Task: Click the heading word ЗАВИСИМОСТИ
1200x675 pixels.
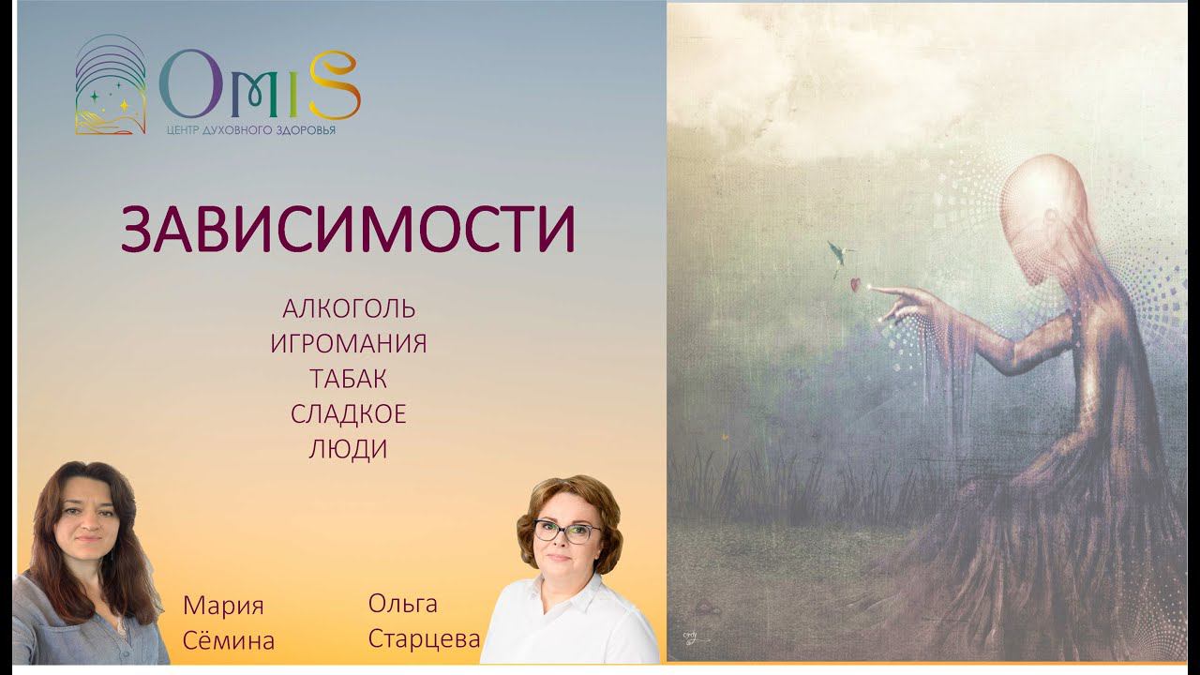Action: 348,230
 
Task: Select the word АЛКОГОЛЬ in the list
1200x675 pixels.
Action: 349,308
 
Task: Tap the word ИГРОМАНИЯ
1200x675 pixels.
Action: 349,344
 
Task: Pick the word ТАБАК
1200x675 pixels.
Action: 349,379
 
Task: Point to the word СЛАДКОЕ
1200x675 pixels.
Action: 349,414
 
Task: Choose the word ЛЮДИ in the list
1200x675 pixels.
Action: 349,450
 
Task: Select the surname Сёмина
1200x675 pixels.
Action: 229,641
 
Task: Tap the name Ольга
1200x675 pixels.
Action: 403,604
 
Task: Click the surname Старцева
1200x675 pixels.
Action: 424,639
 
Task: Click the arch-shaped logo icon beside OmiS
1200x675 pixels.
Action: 110,85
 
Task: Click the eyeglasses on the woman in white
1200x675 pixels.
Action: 566,532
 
